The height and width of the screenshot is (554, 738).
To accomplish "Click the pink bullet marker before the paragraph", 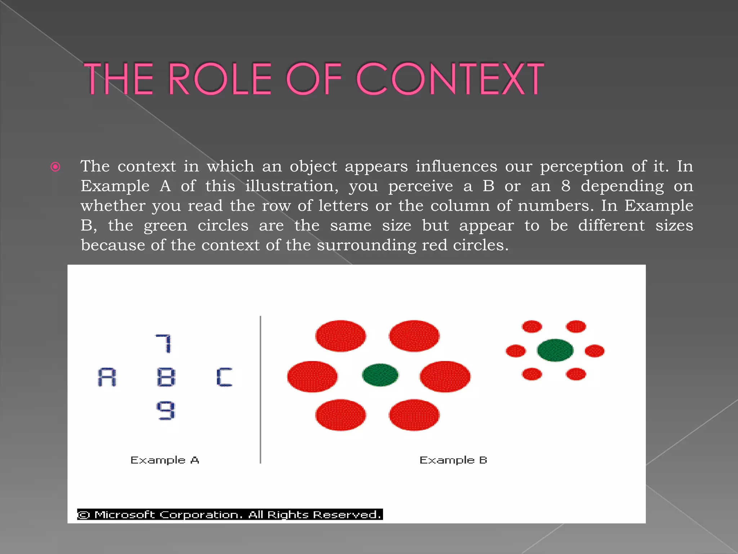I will (x=55, y=167).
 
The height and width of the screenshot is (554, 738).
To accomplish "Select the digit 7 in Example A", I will (x=164, y=343).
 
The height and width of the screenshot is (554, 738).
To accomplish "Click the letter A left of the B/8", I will (x=107, y=377).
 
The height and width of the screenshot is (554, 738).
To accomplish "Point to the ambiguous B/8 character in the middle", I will (x=166, y=377).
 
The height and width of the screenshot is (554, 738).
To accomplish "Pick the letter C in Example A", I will (x=224, y=377).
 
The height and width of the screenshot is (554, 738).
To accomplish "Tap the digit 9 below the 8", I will (x=166, y=410).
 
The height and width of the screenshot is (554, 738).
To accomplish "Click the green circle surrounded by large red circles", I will (x=380, y=375).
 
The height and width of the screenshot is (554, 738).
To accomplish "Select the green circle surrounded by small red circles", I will (x=555, y=350).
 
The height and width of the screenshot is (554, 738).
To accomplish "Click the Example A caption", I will (x=165, y=460).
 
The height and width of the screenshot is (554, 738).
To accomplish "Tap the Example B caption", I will (x=453, y=460).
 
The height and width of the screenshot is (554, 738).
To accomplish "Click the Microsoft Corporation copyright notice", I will (x=230, y=514).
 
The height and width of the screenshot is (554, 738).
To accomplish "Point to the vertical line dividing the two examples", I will (x=260, y=390).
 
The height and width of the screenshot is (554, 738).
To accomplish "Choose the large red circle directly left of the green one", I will (x=312, y=377).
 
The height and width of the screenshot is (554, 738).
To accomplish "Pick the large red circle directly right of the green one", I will (x=445, y=377).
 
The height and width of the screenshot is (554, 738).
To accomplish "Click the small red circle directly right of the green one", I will (x=595, y=351).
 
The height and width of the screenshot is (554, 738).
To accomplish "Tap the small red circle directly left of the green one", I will (x=516, y=351).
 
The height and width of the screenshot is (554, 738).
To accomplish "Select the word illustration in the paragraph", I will (x=292, y=186).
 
